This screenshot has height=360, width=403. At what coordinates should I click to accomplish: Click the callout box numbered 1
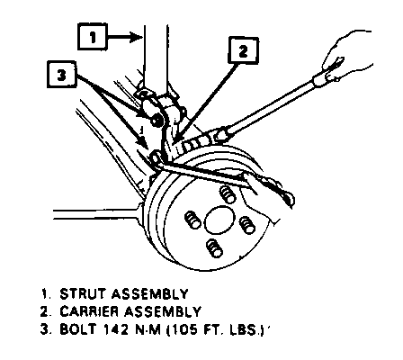(x=93, y=37)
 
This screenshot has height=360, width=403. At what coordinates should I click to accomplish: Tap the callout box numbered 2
(x=243, y=50)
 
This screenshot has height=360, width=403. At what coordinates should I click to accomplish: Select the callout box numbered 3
(x=61, y=75)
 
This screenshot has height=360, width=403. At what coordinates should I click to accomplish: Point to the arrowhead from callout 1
(x=136, y=37)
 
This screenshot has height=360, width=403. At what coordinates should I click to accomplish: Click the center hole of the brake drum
(x=219, y=220)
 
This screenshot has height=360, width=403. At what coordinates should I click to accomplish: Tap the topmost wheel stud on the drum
(x=227, y=194)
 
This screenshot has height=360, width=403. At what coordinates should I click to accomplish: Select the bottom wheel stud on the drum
(x=215, y=248)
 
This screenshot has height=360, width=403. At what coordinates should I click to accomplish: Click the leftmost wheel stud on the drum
(x=193, y=220)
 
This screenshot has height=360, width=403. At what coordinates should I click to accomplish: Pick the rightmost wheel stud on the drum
(x=247, y=225)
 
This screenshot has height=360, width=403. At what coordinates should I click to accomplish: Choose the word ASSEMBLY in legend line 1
(x=149, y=294)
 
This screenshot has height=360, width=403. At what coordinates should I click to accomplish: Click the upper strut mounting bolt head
(x=155, y=120)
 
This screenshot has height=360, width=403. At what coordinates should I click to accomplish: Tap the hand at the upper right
(x=348, y=56)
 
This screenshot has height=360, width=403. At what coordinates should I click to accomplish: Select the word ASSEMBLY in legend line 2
(x=163, y=311)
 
